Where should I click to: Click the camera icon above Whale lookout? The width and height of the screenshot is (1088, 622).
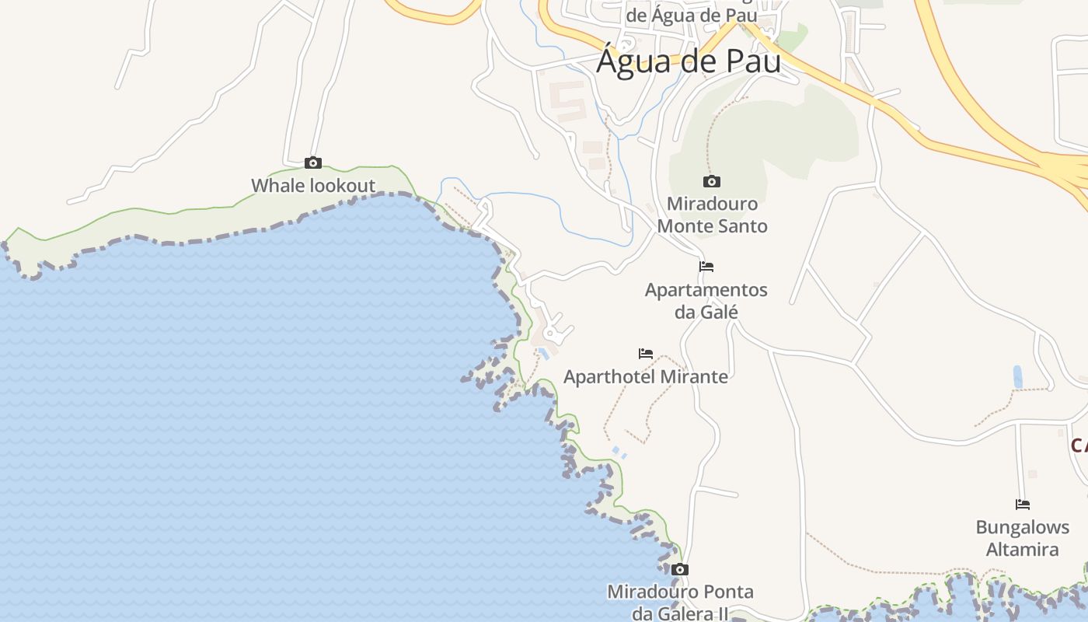(313, 162)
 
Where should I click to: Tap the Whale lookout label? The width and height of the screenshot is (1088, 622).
(313, 186)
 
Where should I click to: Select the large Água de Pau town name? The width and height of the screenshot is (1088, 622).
(689, 61)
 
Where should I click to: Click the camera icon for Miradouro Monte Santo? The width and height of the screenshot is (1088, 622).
(711, 182)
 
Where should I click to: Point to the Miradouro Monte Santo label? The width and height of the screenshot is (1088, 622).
(713, 215)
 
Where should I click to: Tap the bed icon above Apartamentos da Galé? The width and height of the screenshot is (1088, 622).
(706, 267)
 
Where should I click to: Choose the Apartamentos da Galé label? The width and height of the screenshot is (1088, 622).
(706, 301)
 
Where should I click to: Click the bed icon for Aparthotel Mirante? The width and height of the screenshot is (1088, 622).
(646, 354)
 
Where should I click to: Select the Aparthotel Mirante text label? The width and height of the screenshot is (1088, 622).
(646, 377)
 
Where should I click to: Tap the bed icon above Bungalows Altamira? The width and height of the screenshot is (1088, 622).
(1023, 505)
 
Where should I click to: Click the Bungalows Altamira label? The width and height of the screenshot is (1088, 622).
(1023, 538)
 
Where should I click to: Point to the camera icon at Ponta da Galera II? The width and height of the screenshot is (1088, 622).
(680, 570)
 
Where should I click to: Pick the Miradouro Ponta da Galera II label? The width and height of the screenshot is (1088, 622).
(681, 603)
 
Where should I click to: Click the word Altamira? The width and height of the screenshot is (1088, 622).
(1023, 550)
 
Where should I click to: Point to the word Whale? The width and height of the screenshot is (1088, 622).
(278, 186)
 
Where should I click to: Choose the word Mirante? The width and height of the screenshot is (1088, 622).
(691, 377)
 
